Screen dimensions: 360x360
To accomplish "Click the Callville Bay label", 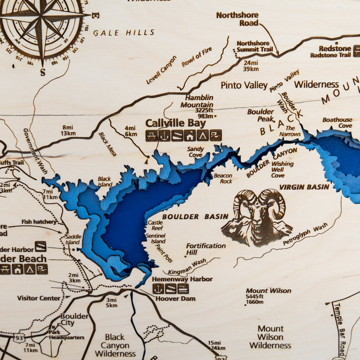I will pos(175,123).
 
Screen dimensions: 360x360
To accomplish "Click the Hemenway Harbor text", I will pos(182,279).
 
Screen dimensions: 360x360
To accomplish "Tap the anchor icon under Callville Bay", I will pos(164,135).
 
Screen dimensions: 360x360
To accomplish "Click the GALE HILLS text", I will pos(124,32).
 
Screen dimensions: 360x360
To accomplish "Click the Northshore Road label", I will pos(237,18).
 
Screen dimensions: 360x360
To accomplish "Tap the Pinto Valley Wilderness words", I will pos(279,85).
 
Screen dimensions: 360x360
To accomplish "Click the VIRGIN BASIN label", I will pos(304,187).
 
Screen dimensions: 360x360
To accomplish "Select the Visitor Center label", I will pos(38,298).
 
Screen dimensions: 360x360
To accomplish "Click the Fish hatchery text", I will pos(39,222).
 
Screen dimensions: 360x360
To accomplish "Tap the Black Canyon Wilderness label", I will pos(115,345).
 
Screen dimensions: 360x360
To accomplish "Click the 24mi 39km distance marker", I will pos(251,65).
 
